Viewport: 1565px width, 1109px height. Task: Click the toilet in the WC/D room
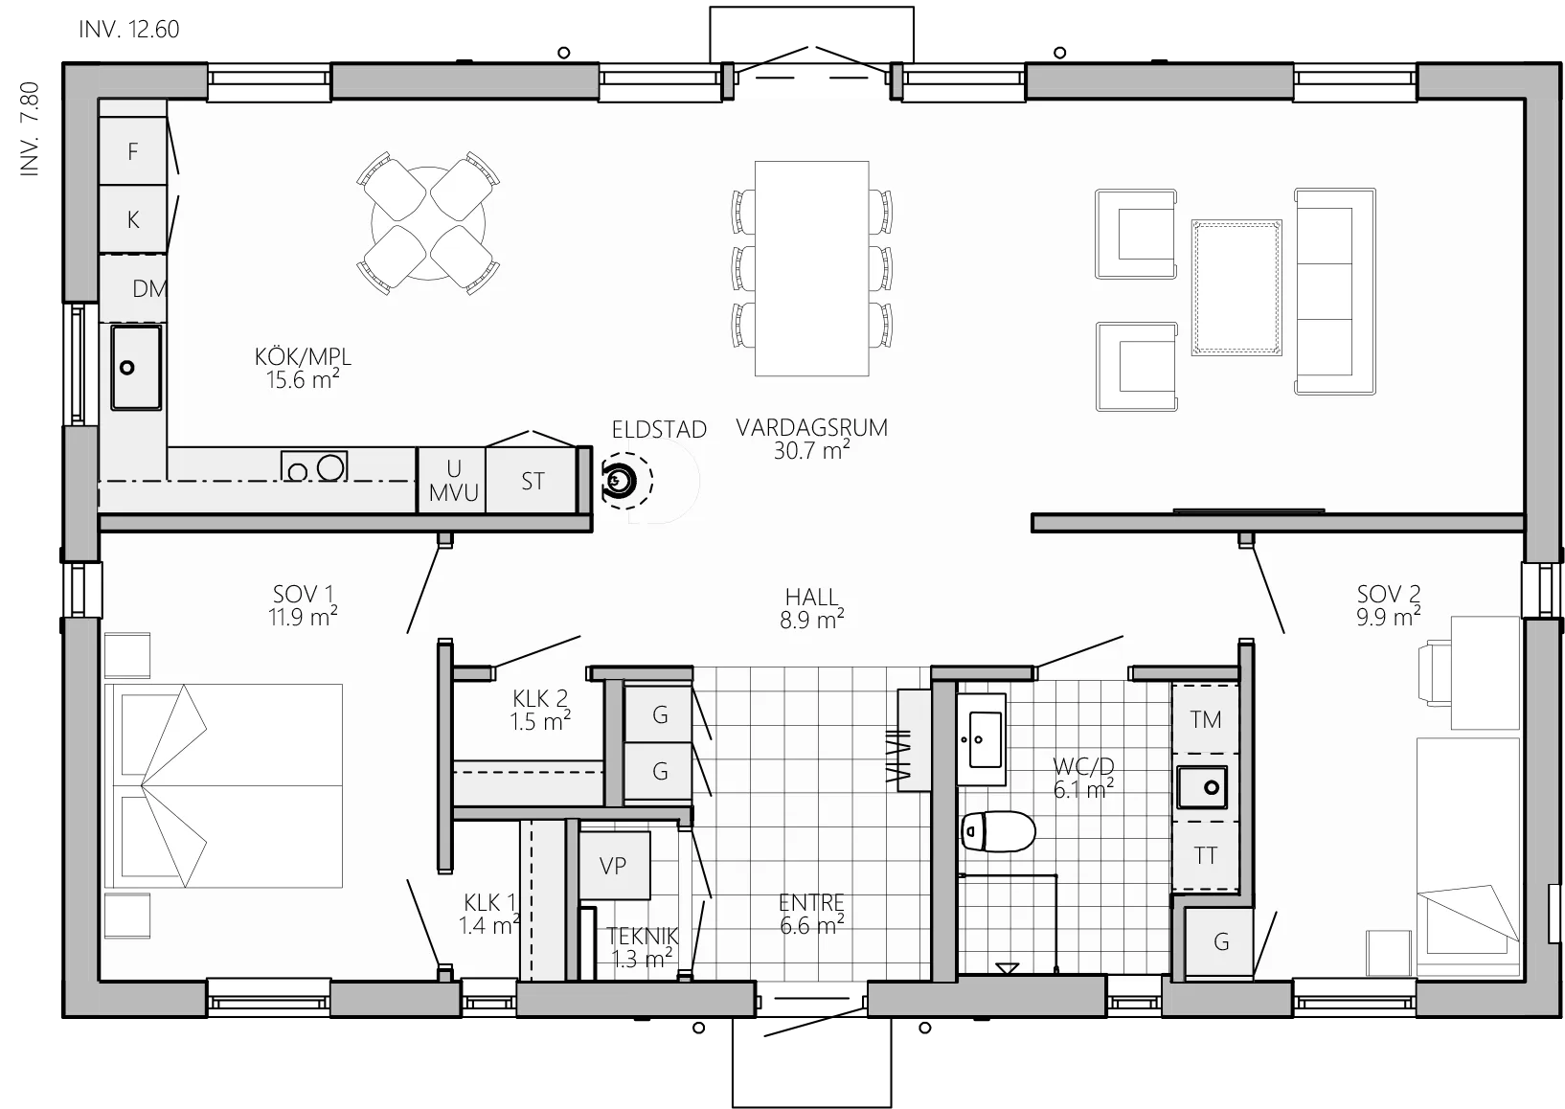click(998, 831)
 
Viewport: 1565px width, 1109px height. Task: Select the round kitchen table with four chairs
click(428, 223)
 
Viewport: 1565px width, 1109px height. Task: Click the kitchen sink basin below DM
click(136, 368)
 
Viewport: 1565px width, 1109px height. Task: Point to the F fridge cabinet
click(133, 151)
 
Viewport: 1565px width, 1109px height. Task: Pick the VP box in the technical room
click(614, 866)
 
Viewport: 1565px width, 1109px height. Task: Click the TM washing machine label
click(1206, 720)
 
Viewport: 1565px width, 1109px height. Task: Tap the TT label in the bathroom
click(1206, 855)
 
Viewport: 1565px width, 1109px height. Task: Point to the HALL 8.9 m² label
click(812, 608)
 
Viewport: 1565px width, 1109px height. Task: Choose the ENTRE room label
click(812, 902)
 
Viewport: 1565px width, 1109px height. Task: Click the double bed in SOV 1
click(223, 785)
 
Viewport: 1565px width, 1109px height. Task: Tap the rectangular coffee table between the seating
click(1236, 288)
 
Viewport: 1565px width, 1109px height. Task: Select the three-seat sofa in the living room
click(1335, 291)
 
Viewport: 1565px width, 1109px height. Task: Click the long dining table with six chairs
click(812, 269)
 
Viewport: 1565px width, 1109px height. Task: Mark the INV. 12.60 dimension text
click(129, 30)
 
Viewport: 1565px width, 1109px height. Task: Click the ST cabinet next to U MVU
click(532, 481)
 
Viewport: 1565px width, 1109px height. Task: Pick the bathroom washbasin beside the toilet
click(982, 739)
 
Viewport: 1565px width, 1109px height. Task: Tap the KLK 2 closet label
click(540, 698)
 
